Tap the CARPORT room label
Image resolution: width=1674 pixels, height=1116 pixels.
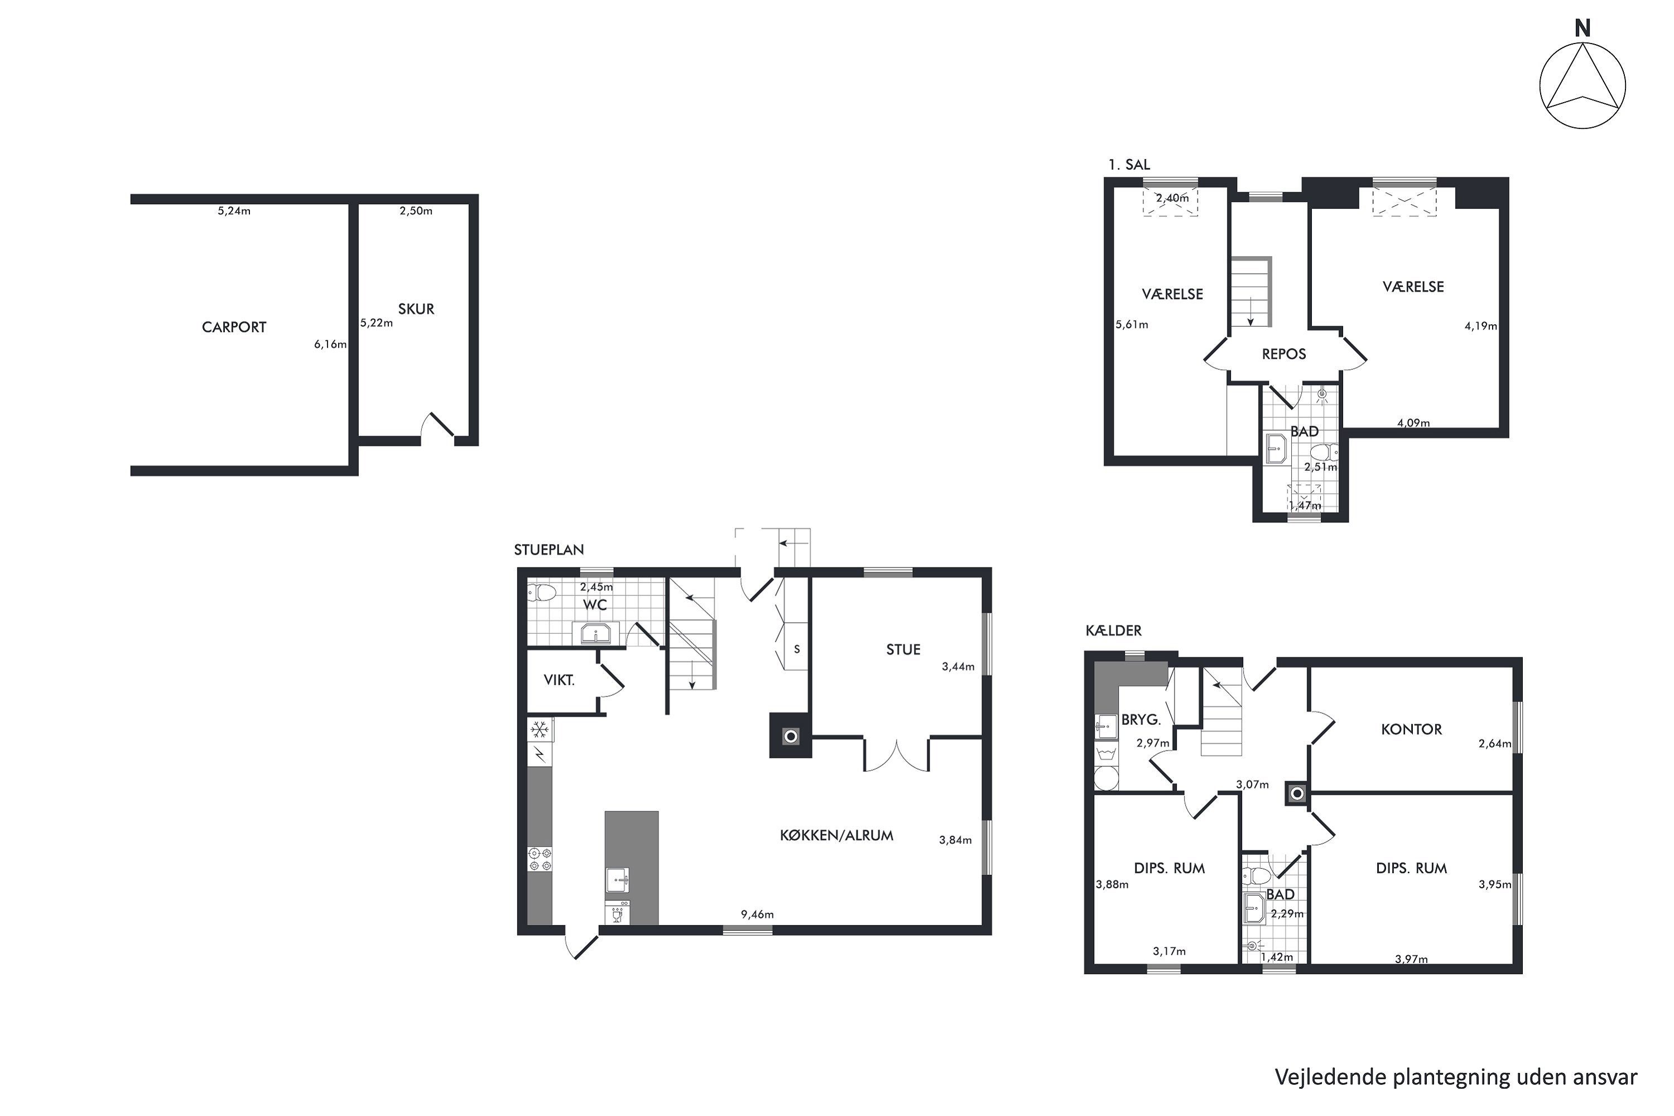(234, 328)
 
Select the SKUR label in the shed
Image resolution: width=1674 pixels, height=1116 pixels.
(416, 309)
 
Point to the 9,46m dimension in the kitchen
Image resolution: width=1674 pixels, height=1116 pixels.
(757, 915)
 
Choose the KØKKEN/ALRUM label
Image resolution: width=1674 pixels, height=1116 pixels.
(836, 835)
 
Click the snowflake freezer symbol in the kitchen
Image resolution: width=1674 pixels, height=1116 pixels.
(540, 729)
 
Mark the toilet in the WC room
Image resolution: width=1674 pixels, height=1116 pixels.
(542, 592)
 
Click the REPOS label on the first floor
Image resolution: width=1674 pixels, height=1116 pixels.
(1284, 354)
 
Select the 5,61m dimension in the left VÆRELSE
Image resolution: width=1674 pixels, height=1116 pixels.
(1132, 325)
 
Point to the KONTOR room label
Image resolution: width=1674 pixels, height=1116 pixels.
(1411, 729)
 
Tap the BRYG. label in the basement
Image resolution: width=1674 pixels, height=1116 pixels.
(1141, 720)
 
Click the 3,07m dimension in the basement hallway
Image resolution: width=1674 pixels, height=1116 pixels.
(1252, 785)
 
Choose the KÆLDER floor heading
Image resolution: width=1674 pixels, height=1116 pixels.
(1113, 631)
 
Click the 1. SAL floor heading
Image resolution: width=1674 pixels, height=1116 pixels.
(1129, 165)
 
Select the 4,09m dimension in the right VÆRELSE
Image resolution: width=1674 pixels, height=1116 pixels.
(1413, 423)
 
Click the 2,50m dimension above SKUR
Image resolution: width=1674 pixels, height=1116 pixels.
(416, 211)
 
